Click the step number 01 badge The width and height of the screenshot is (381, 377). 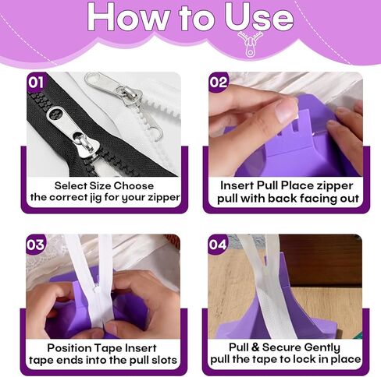coord(37,81)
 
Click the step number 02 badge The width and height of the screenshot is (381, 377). coord(219,81)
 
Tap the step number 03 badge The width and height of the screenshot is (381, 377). coord(37,245)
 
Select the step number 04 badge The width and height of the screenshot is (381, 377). coord(219,245)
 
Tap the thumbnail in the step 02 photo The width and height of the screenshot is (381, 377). coord(286,110)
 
